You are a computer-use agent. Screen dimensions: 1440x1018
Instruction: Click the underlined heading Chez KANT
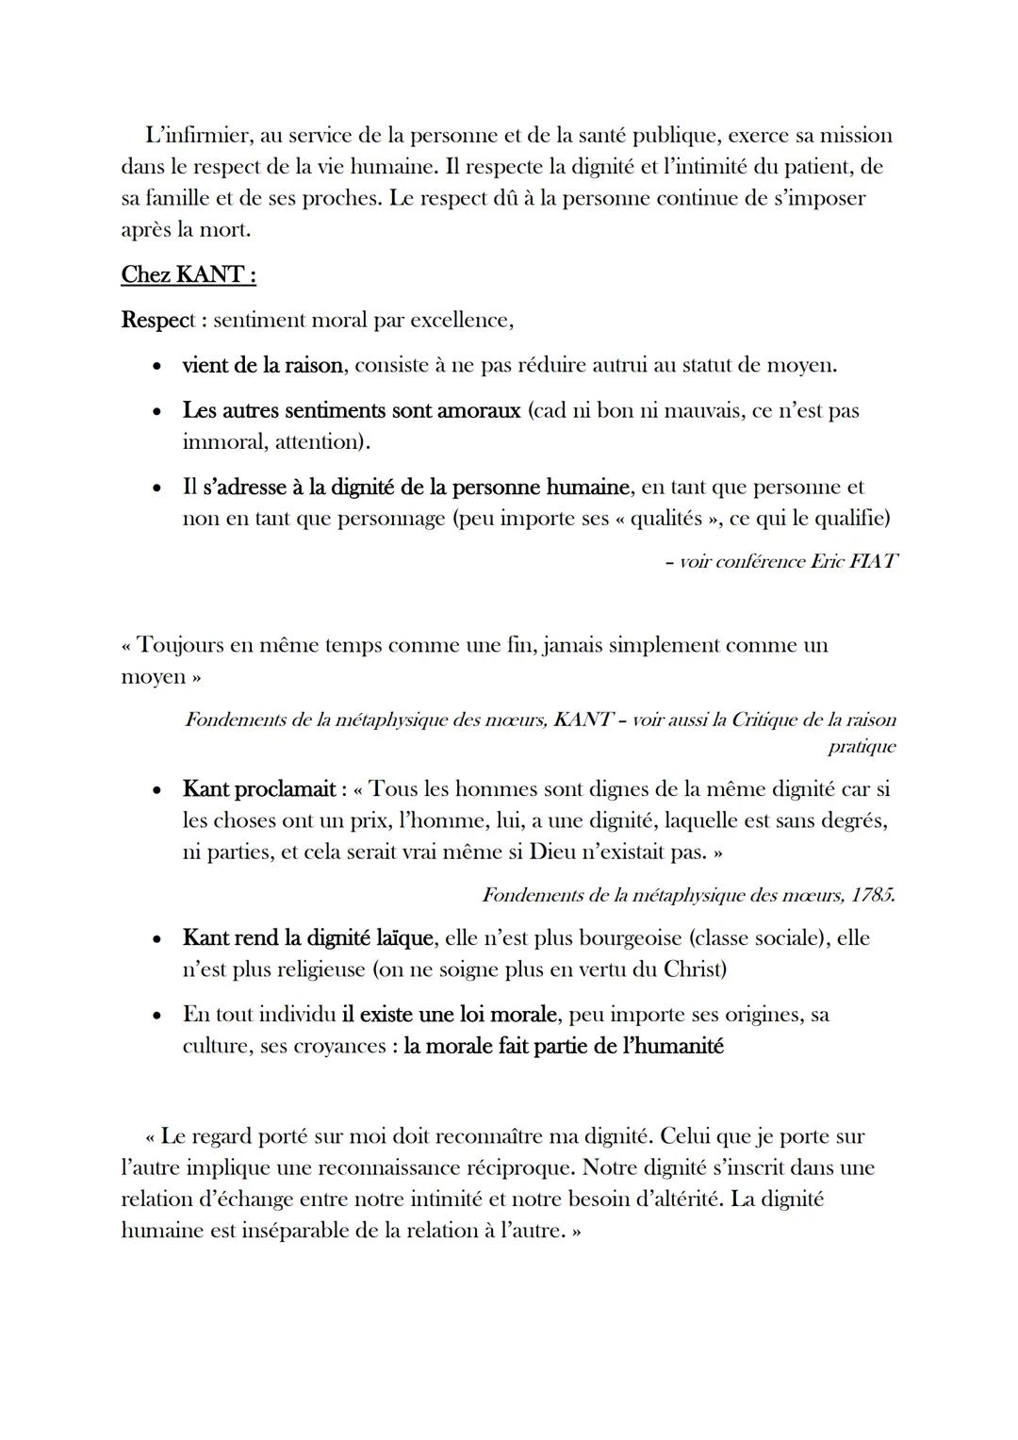point(188,275)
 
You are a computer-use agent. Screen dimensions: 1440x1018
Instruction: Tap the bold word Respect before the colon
point(156,321)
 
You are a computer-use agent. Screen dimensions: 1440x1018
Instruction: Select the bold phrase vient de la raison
point(261,365)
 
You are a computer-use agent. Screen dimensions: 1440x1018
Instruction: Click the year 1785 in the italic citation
point(872,895)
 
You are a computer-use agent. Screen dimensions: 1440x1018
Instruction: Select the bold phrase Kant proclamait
point(259,789)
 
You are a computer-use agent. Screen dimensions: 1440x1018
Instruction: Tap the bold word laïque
point(404,938)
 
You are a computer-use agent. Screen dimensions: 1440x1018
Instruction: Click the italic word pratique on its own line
point(862,747)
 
